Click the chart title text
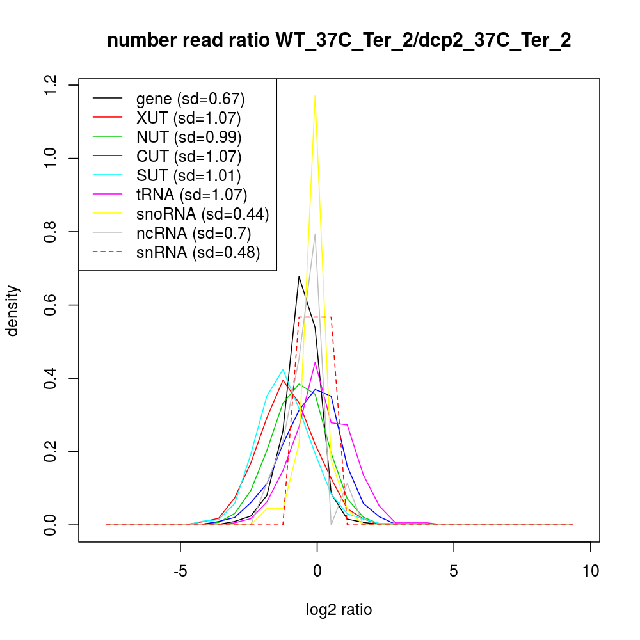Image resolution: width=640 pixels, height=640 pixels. coord(339,41)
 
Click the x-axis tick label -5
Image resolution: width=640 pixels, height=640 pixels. coord(180,570)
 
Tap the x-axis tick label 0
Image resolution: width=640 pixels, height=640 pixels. coord(317,570)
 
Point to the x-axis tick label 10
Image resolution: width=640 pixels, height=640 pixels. coord(590,570)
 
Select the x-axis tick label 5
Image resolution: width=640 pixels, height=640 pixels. coord(454,570)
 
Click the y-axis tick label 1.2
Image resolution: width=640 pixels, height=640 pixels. coord(50,85)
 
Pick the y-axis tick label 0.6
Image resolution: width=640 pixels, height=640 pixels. coord(50,305)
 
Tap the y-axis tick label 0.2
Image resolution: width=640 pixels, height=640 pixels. coord(50,452)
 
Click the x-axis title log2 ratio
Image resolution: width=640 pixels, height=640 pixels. coord(339,610)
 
